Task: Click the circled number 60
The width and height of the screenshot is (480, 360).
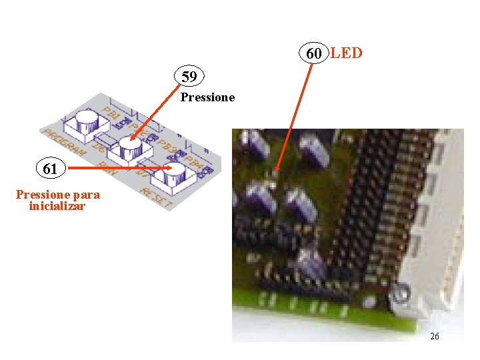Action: [x=314, y=53]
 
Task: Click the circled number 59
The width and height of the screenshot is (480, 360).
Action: [x=189, y=77]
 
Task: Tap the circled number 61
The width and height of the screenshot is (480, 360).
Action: [x=50, y=169]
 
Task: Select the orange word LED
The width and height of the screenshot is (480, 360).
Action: [x=346, y=53]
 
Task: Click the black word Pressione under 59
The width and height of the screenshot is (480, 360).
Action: [x=208, y=97]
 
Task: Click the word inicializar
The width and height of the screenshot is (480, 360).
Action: [x=57, y=206]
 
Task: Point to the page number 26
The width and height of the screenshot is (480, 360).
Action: [x=435, y=336]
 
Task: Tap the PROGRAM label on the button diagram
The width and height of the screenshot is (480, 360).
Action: [x=64, y=143]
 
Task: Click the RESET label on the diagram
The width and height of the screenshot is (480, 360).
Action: [x=157, y=197]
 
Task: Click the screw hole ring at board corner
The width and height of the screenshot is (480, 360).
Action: [x=401, y=294]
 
